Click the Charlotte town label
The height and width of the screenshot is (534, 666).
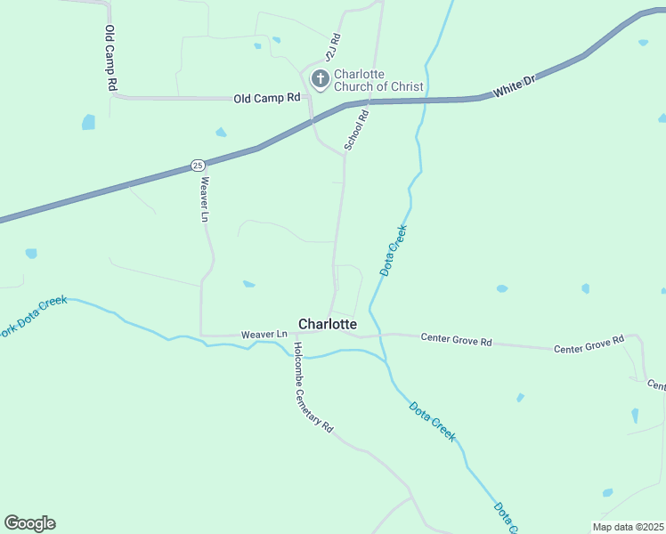[328, 325]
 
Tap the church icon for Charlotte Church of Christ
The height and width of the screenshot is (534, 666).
[320, 80]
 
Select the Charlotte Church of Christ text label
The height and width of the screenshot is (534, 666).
[378, 80]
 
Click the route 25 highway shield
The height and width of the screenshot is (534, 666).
[198, 165]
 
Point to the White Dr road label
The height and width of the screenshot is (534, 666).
[516, 87]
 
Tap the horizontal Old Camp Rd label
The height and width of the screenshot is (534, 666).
[267, 98]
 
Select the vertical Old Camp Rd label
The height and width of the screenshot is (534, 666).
[111, 57]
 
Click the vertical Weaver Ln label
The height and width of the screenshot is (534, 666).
[205, 200]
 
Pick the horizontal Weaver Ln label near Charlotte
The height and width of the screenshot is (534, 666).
[264, 335]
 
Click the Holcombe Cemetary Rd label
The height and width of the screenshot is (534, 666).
[313, 388]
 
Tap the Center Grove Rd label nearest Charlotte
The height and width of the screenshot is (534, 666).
[456, 340]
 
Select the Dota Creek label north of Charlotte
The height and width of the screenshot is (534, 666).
[394, 250]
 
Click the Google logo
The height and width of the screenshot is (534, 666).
[29, 523]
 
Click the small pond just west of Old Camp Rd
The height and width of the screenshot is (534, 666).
[88, 122]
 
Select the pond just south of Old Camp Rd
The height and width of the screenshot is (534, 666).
[220, 133]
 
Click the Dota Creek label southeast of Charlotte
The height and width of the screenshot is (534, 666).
[433, 422]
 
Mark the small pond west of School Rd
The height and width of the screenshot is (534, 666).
[248, 284]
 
